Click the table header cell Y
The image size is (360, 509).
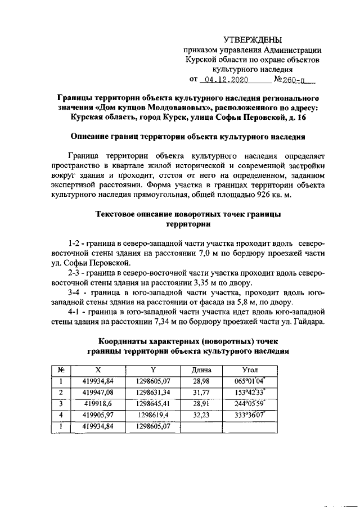(152, 370)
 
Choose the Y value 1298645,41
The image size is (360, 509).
(152, 404)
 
